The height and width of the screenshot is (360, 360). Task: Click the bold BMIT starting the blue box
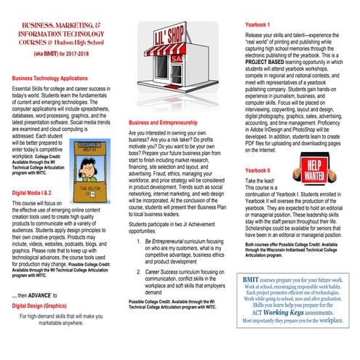pyautogui.click(x=252, y=279)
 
